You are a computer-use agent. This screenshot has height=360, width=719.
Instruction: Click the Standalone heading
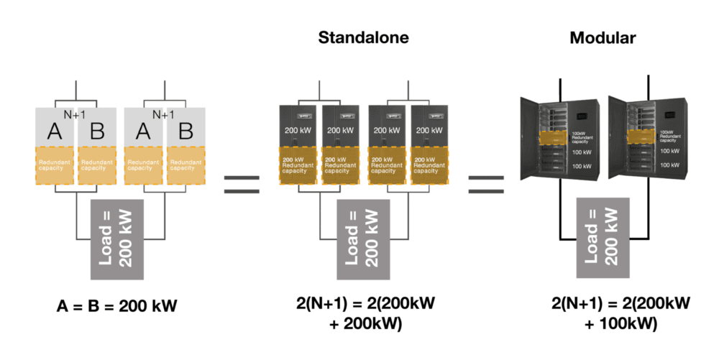(x=364, y=38)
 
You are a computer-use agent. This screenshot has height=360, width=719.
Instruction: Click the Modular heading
(x=601, y=38)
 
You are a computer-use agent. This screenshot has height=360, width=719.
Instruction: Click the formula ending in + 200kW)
(x=363, y=313)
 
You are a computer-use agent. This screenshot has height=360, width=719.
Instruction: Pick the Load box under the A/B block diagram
(x=118, y=238)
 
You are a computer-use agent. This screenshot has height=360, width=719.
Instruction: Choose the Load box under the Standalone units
(x=363, y=238)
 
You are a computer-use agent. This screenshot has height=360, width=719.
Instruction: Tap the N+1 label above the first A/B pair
(x=75, y=114)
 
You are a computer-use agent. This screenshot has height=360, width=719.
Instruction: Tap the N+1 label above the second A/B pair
(x=164, y=114)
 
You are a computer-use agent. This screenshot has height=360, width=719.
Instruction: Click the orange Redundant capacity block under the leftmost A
(x=55, y=166)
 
